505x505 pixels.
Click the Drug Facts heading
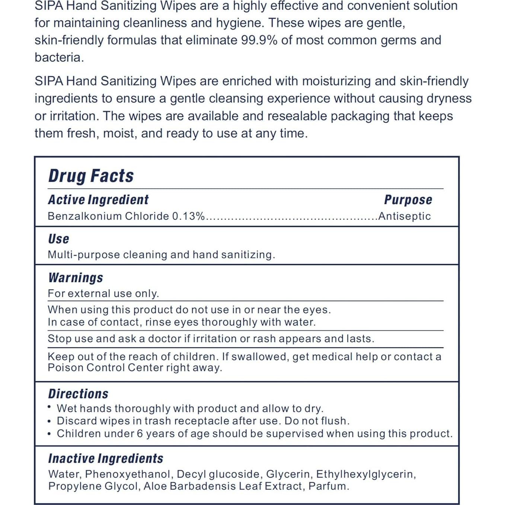click(x=91, y=176)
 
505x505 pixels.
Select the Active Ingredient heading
click(x=98, y=200)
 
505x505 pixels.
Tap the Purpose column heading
click(x=408, y=200)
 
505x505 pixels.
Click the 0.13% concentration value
click(x=188, y=216)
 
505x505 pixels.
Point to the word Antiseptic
click(x=405, y=216)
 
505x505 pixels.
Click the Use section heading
click(x=58, y=239)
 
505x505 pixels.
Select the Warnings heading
click(x=76, y=278)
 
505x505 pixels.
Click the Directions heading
click(x=78, y=394)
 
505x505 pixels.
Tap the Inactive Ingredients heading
click(x=106, y=458)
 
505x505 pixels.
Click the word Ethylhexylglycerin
click(x=366, y=474)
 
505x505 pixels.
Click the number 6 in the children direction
click(x=140, y=434)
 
